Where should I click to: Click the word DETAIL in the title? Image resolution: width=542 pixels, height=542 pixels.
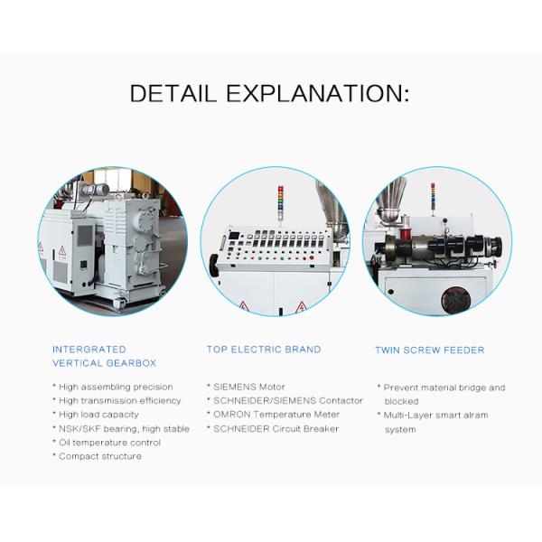(x=173, y=93)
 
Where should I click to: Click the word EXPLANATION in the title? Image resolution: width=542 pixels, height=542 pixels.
(x=318, y=93)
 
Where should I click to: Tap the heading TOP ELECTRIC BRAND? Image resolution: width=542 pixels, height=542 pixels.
(x=264, y=350)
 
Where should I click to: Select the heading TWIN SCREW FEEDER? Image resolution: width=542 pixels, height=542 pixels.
(x=430, y=350)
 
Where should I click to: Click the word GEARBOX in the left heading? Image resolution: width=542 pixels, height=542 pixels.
(x=131, y=363)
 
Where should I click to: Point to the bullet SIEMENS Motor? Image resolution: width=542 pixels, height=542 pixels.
(x=246, y=387)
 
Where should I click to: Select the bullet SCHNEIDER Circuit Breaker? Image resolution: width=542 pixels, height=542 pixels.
(x=273, y=428)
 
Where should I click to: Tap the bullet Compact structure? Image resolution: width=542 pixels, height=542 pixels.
(x=97, y=456)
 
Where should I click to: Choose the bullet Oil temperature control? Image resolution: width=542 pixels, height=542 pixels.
(x=107, y=443)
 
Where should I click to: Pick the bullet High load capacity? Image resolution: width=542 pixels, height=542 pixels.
(x=96, y=415)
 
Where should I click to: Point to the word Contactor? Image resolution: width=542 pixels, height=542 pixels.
(x=341, y=400)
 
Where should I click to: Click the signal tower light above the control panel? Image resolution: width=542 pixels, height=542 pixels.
(x=280, y=199)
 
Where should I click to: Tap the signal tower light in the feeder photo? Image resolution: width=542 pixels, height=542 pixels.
(x=433, y=195)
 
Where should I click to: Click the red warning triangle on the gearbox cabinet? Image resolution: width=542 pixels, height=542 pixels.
(x=61, y=250)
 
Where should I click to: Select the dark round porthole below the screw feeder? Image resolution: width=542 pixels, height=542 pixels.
(x=456, y=300)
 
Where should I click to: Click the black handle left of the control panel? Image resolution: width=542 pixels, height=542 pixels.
(x=213, y=265)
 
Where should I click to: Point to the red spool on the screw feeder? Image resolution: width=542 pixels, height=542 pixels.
(x=404, y=234)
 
